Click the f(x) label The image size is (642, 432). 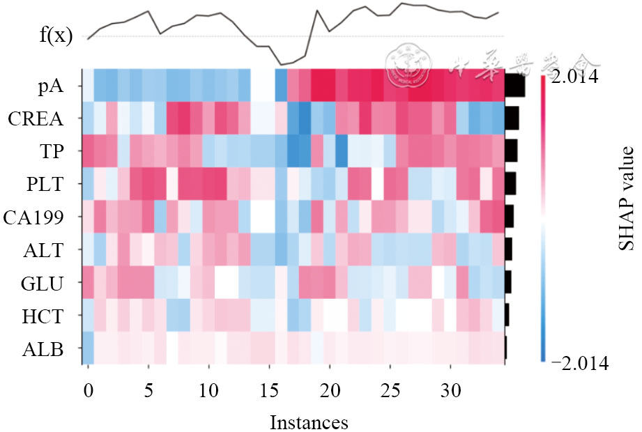[x=56, y=36]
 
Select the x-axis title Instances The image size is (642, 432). [x=308, y=422]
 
